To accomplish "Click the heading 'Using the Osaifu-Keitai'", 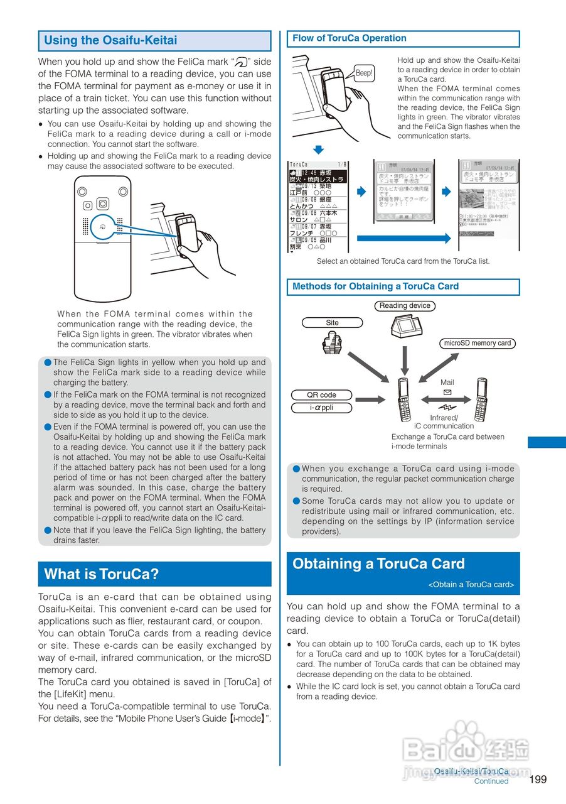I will point(110,41).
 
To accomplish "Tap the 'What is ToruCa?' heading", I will point(102,574).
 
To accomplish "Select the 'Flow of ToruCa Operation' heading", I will point(350,38).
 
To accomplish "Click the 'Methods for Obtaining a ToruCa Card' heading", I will point(375,286).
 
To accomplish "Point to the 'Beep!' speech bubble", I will point(364,73).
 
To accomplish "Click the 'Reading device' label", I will point(405,306).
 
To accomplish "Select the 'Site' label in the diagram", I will point(332,323).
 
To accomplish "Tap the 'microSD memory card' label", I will point(477,344).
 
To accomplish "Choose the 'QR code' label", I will point(321,395).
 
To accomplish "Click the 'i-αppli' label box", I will point(321,408).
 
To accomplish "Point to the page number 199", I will point(538,780).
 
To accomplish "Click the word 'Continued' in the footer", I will point(491,781).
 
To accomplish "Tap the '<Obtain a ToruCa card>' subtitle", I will point(471,585).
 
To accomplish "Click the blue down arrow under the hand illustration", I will point(319,149).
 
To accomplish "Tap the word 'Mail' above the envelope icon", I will point(447,383).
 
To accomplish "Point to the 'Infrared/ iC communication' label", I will point(444,422).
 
